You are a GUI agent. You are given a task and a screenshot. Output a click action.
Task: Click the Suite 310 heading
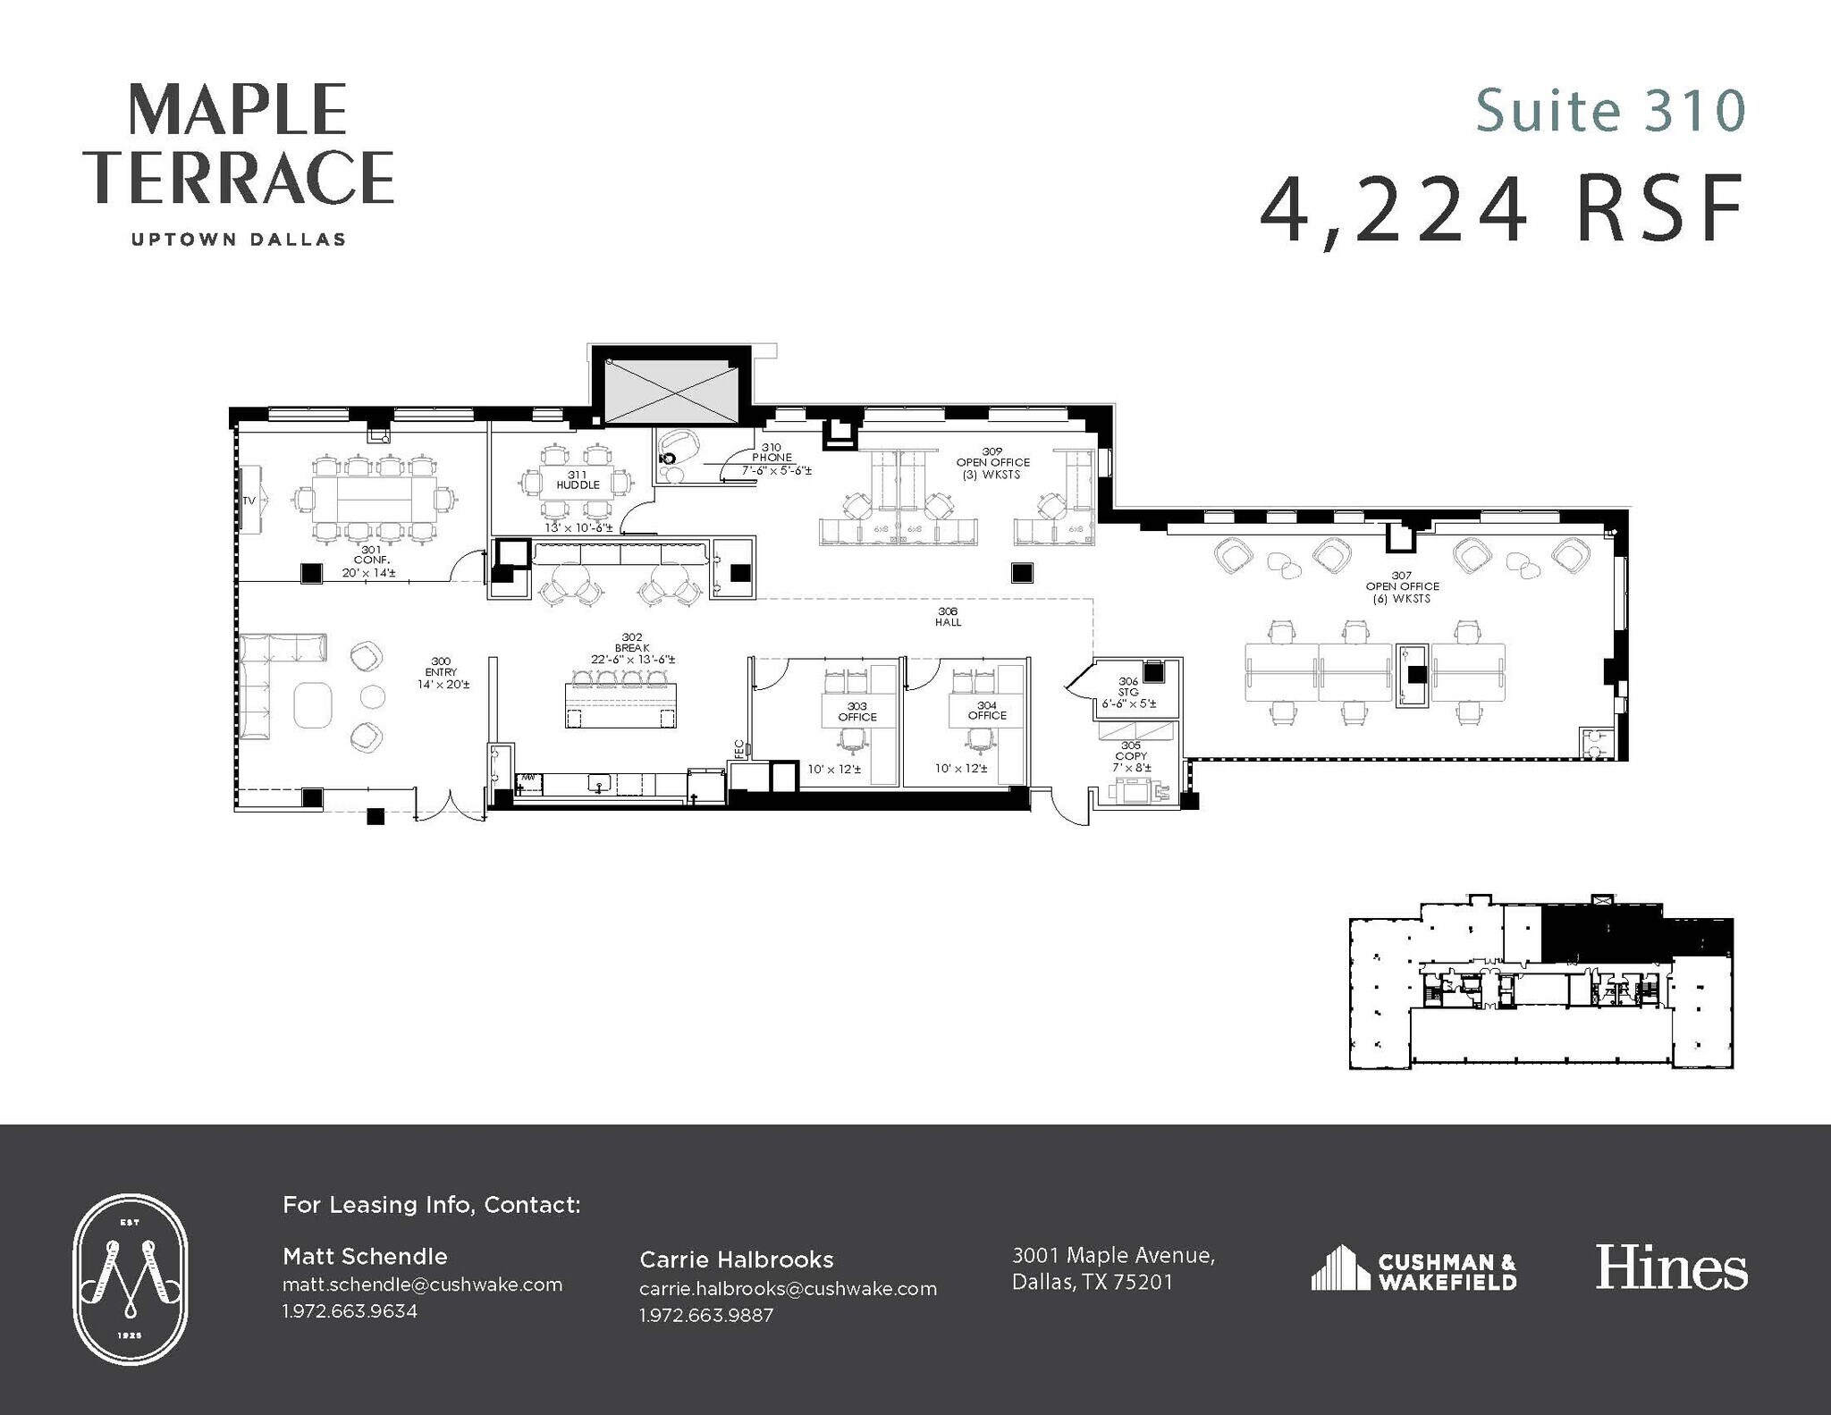click(1609, 111)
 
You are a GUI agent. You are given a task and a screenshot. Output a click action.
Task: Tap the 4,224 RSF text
click(1502, 210)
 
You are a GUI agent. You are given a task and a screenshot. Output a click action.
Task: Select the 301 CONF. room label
click(370, 560)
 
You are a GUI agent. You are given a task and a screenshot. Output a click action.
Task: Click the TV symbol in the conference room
click(249, 501)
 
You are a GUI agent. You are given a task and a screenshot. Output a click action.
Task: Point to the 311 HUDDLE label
click(578, 480)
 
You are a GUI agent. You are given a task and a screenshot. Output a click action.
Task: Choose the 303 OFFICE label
click(856, 712)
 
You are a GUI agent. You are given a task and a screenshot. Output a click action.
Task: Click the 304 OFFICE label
click(986, 711)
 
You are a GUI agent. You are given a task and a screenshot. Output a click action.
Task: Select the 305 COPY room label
click(1131, 755)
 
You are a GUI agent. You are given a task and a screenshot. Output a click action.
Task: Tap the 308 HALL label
click(948, 617)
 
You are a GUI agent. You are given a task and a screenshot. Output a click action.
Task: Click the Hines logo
click(1670, 1268)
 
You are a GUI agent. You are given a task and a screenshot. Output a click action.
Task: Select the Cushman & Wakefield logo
click(1413, 1270)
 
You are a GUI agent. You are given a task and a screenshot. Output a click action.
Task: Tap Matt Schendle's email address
click(422, 1284)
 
